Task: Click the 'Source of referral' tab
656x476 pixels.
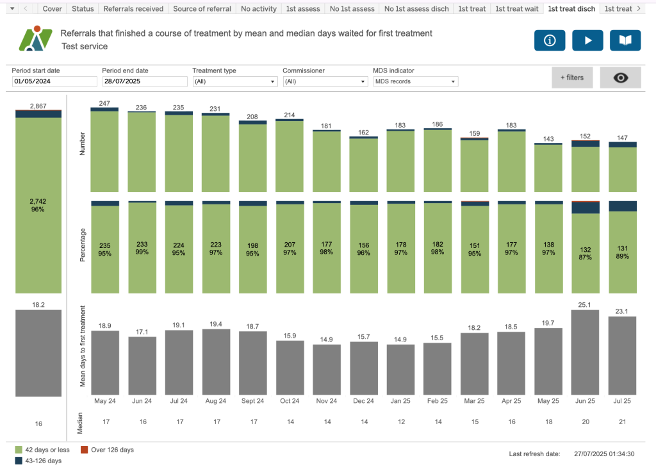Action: (x=201, y=9)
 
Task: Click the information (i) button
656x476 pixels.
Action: (x=549, y=40)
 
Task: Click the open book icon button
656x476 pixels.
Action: (x=625, y=40)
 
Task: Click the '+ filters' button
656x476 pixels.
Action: (x=572, y=78)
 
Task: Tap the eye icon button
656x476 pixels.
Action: (x=620, y=78)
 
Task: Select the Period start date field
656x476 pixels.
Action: (x=54, y=81)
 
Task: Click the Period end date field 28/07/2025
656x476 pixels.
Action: (x=144, y=81)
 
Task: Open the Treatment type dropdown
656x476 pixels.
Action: (x=235, y=81)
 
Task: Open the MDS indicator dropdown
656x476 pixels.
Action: (x=416, y=81)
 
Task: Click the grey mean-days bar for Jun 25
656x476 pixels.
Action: (x=586, y=352)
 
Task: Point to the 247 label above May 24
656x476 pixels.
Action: (x=105, y=103)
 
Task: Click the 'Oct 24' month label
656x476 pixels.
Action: (x=290, y=401)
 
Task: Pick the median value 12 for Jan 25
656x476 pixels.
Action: (x=400, y=422)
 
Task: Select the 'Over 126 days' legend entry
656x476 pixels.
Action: (x=111, y=450)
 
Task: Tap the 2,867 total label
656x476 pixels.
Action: (x=38, y=106)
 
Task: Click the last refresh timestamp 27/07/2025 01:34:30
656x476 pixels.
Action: (x=603, y=454)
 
